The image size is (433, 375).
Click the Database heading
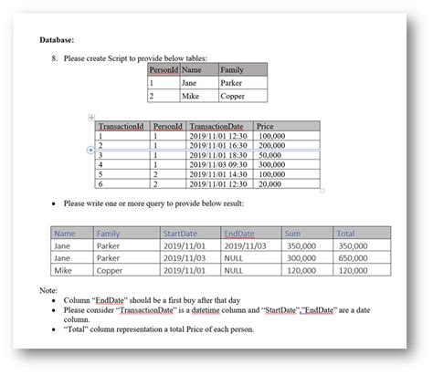(57, 40)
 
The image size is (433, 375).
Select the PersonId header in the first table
(164, 69)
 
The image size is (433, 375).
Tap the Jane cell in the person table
(189, 82)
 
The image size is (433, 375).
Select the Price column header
(266, 126)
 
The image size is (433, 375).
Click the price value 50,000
(272, 155)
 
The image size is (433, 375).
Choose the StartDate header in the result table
(180, 234)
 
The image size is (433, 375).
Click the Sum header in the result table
(293, 234)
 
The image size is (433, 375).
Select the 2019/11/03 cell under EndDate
(246, 245)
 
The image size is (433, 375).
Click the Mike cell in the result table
(63, 271)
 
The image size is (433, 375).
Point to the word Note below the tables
(48, 289)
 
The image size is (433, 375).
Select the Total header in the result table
(346, 234)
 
